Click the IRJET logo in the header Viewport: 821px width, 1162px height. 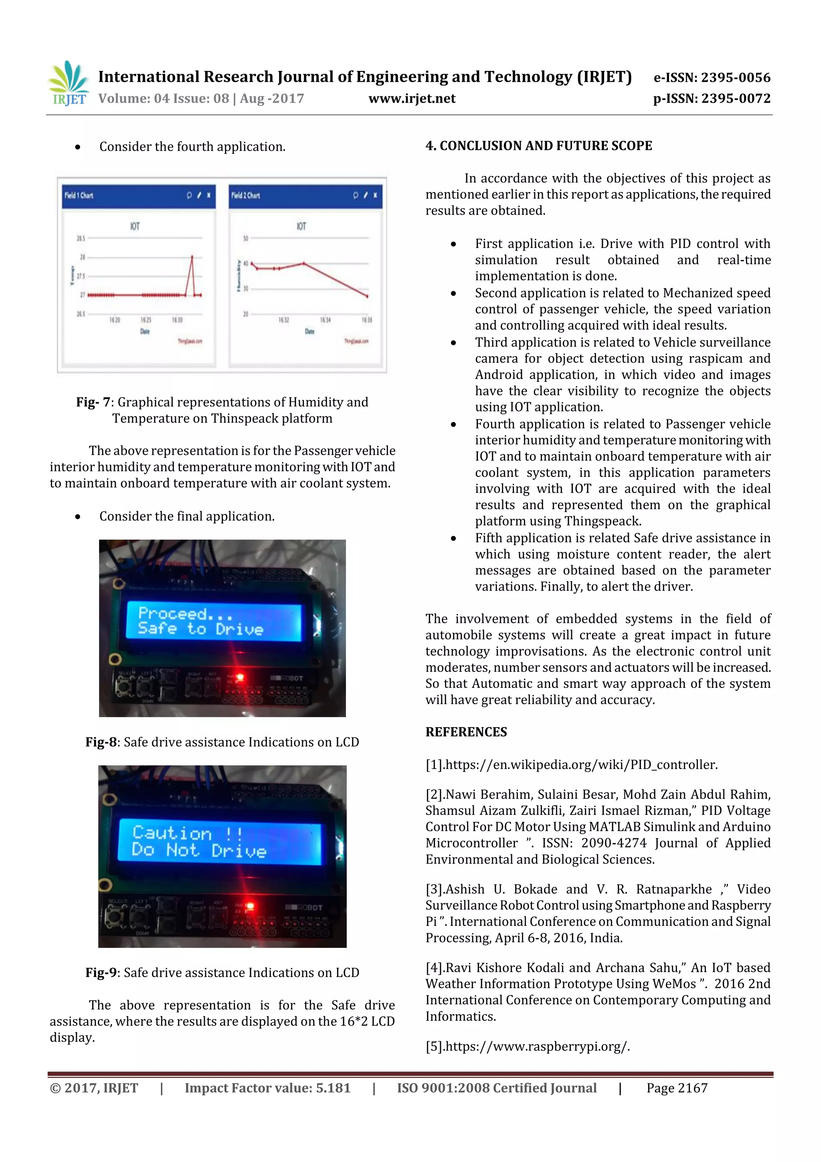pyautogui.click(x=68, y=83)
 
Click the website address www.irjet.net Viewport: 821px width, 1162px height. pyautogui.click(x=412, y=99)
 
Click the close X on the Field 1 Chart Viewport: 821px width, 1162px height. pyautogui.click(x=208, y=195)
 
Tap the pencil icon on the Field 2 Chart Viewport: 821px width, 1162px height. pyautogui.click(x=365, y=195)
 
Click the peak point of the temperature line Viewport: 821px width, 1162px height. pyautogui.click(x=192, y=257)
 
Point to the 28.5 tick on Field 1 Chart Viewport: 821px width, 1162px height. pyautogui.click(x=81, y=238)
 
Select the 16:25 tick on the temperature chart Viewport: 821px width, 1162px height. pyautogui.click(x=146, y=320)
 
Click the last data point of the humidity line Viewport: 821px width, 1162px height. pyautogui.click(x=367, y=296)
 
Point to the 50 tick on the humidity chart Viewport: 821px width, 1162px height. pyautogui.click(x=245, y=238)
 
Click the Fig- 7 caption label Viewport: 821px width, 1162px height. pyautogui.click(x=93, y=402)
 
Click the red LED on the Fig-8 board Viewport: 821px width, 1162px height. pyautogui.click(x=240, y=677)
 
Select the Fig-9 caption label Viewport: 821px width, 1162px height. pyautogui.click(x=101, y=973)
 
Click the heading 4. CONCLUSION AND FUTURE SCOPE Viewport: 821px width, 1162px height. pyautogui.click(x=538, y=146)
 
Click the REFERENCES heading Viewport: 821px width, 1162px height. pyautogui.click(x=466, y=732)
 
